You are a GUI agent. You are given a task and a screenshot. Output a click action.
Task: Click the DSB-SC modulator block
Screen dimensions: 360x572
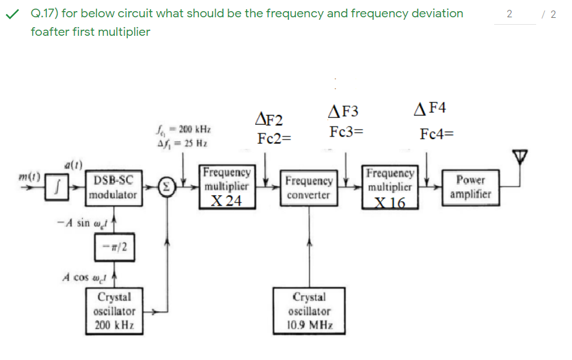coord(114,187)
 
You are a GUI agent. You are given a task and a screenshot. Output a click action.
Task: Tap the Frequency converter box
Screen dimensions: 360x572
coord(309,188)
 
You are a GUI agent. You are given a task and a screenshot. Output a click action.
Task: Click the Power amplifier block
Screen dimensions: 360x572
coord(471,187)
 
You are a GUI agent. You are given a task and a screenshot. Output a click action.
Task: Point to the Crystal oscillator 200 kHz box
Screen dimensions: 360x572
coord(116,311)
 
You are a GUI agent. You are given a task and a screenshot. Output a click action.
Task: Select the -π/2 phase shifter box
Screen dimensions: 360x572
coord(116,247)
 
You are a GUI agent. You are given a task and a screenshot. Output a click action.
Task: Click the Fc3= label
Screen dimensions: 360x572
coord(346,132)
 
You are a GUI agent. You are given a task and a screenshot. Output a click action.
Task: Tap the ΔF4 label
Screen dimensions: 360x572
coord(431,109)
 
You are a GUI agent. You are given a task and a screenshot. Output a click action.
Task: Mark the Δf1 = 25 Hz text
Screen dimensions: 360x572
coord(182,143)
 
